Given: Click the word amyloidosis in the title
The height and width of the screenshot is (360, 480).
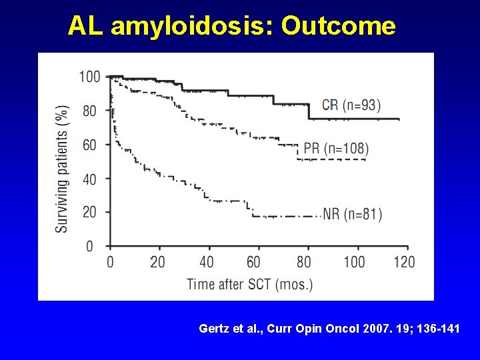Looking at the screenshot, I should [191, 26].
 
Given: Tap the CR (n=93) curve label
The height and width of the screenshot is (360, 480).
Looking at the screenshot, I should [351, 105].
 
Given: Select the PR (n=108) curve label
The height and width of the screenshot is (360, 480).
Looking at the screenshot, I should [336, 148].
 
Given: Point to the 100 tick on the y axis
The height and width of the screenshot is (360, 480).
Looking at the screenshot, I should [90, 77].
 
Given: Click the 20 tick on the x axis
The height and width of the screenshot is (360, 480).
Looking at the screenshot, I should [157, 261].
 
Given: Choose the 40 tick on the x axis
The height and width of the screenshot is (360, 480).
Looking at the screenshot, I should [207, 261].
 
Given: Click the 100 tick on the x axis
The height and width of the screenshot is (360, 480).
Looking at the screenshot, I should [353, 261].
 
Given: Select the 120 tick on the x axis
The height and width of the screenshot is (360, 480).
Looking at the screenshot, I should [403, 261].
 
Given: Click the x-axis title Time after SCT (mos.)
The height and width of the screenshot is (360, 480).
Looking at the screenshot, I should [249, 284].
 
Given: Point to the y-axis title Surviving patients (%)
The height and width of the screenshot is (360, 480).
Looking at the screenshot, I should [62, 169].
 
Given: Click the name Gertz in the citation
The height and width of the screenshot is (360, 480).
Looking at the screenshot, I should [213, 329].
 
